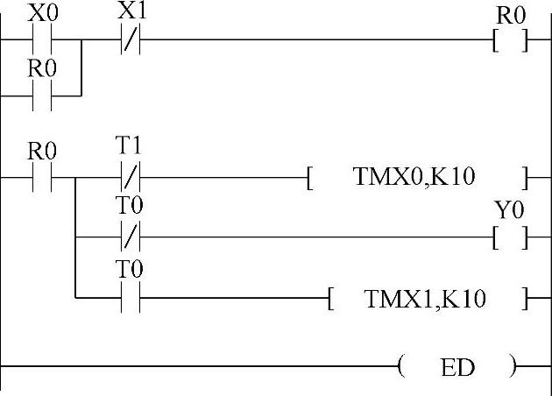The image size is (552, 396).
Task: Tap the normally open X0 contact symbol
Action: point(42,40)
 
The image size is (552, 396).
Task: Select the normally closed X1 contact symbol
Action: point(130,40)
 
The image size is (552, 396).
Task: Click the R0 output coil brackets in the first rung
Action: point(510,40)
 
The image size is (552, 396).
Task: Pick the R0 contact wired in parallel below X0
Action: point(42,96)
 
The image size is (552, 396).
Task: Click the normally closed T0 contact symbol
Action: point(130,237)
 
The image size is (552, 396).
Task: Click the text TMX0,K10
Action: point(414,178)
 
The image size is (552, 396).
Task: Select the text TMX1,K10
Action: point(426,299)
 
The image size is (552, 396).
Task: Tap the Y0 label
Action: point(509,211)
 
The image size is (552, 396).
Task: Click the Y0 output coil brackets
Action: point(510,237)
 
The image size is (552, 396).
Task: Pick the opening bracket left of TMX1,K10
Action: point(330,299)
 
